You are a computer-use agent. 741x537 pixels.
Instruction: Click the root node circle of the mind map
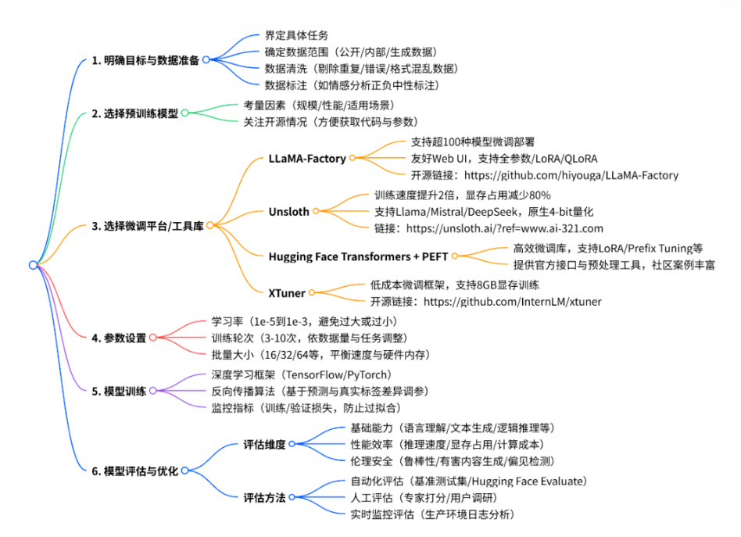(33, 265)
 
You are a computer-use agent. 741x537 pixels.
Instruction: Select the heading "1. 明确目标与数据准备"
(145, 60)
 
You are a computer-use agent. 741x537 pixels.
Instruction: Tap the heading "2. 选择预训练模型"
(135, 113)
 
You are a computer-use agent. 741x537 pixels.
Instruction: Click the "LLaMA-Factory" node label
(307, 158)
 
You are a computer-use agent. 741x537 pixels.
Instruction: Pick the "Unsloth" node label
(289, 210)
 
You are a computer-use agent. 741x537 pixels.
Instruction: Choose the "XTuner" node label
(287, 292)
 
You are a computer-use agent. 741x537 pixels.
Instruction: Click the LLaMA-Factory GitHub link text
(544, 175)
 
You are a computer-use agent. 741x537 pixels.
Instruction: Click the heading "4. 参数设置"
(119, 338)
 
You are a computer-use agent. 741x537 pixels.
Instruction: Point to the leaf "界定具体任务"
(296, 36)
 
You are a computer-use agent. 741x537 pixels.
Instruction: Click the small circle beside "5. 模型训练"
(153, 391)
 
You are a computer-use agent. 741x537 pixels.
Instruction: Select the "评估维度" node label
(264, 444)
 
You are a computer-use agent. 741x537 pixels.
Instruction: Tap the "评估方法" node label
(264, 496)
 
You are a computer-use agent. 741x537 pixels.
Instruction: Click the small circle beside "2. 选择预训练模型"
(185, 113)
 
